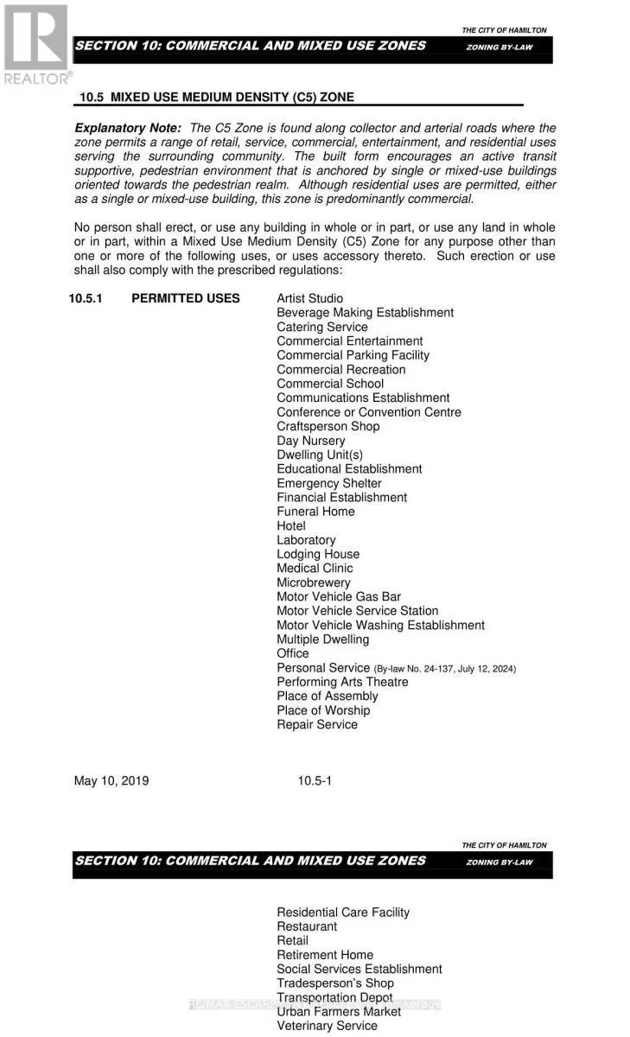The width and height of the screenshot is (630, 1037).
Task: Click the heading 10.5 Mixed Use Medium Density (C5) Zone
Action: click(x=216, y=98)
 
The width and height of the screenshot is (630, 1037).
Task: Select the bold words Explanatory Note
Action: click(x=128, y=128)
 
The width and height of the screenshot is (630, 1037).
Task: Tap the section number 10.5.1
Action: click(x=91, y=298)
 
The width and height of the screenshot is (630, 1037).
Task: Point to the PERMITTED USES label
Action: click(x=185, y=298)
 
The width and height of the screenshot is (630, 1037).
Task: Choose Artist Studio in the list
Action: click(x=309, y=298)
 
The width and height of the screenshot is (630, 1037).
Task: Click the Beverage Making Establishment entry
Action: click(x=365, y=313)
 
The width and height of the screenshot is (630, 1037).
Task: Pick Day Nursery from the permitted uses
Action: click(x=310, y=441)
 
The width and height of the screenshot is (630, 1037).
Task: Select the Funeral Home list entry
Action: click(x=315, y=512)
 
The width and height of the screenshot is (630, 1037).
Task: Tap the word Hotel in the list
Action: click(x=291, y=525)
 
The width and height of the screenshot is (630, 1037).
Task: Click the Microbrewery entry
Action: click(x=314, y=582)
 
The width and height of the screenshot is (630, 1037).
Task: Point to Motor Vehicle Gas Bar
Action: click(x=339, y=596)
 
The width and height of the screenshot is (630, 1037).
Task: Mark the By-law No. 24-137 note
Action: click(x=444, y=669)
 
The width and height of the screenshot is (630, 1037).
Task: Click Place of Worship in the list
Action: click(x=323, y=710)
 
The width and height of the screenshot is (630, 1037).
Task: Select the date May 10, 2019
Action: click(x=111, y=781)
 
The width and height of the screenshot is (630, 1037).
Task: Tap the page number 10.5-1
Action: click(x=315, y=781)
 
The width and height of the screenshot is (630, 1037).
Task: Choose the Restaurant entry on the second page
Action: click(x=307, y=926)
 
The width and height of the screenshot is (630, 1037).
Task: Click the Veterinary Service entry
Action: click(x=327, y=1026)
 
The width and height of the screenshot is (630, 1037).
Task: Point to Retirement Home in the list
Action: click(x=325, y=955)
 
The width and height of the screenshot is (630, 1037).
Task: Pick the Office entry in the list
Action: click(x=292, y=653)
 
